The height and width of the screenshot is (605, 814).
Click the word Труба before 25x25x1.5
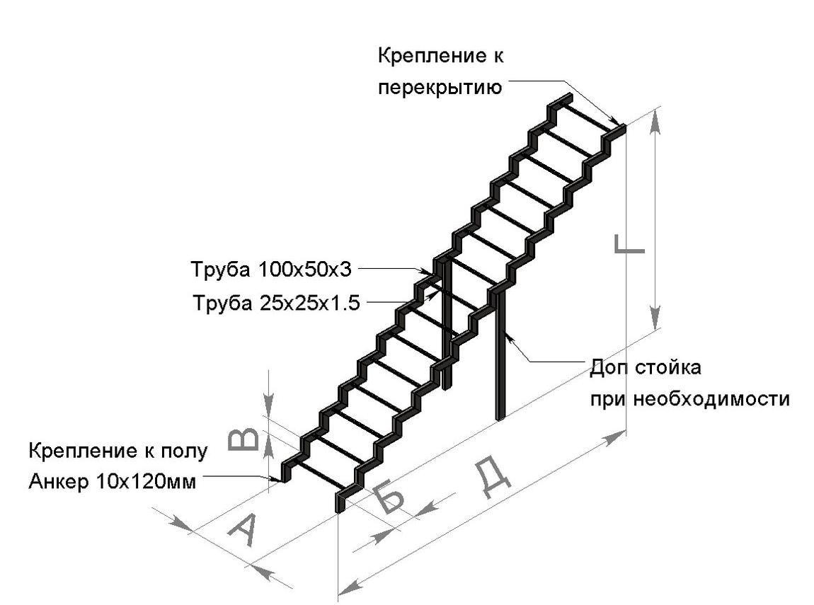tap(220, 304)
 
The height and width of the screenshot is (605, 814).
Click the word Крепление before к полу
tap(79, 451)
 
